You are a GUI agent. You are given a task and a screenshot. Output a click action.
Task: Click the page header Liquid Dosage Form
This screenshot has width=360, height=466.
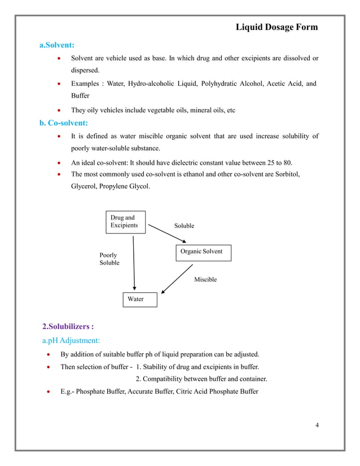276,27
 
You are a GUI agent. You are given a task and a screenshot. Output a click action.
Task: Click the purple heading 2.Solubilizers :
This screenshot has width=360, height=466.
68,326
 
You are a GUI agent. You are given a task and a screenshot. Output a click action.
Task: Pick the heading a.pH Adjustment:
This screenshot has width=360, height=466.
71,341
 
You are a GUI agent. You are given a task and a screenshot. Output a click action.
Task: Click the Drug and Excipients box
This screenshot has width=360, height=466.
125,222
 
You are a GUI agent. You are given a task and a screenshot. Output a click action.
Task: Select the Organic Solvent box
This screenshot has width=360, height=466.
201,252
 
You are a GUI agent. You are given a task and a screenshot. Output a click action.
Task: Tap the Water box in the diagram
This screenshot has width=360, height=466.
136,300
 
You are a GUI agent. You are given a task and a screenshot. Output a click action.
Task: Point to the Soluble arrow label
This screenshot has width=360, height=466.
184,226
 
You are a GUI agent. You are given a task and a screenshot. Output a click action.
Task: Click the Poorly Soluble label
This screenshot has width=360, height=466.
109,259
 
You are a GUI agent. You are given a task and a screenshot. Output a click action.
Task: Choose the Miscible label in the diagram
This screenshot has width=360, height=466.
205,279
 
